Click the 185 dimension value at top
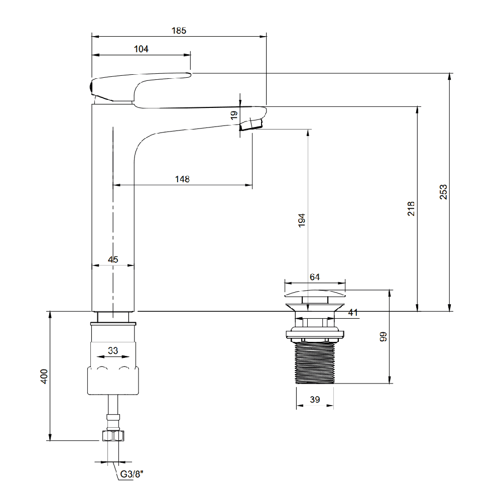pos(179,31)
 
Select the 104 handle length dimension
pos(141,49)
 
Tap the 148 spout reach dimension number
pos(182,179)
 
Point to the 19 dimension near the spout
pos(234,115)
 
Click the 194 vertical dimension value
pos(302,220)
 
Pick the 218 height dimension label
pos(411,209)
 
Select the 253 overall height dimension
pos(443,192)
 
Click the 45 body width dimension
pos(113,260)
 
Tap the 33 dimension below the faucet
pos(113,350)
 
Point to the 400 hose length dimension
pos(44,376)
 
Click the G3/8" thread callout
pos(132,474)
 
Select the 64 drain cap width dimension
pos(315,277)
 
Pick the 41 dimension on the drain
pos(353,312)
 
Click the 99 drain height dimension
pos(383,337)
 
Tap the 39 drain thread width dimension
pos(315,400)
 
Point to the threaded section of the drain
pos(315,362)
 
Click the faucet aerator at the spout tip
pos(252,124)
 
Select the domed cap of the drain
pos(315,293)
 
